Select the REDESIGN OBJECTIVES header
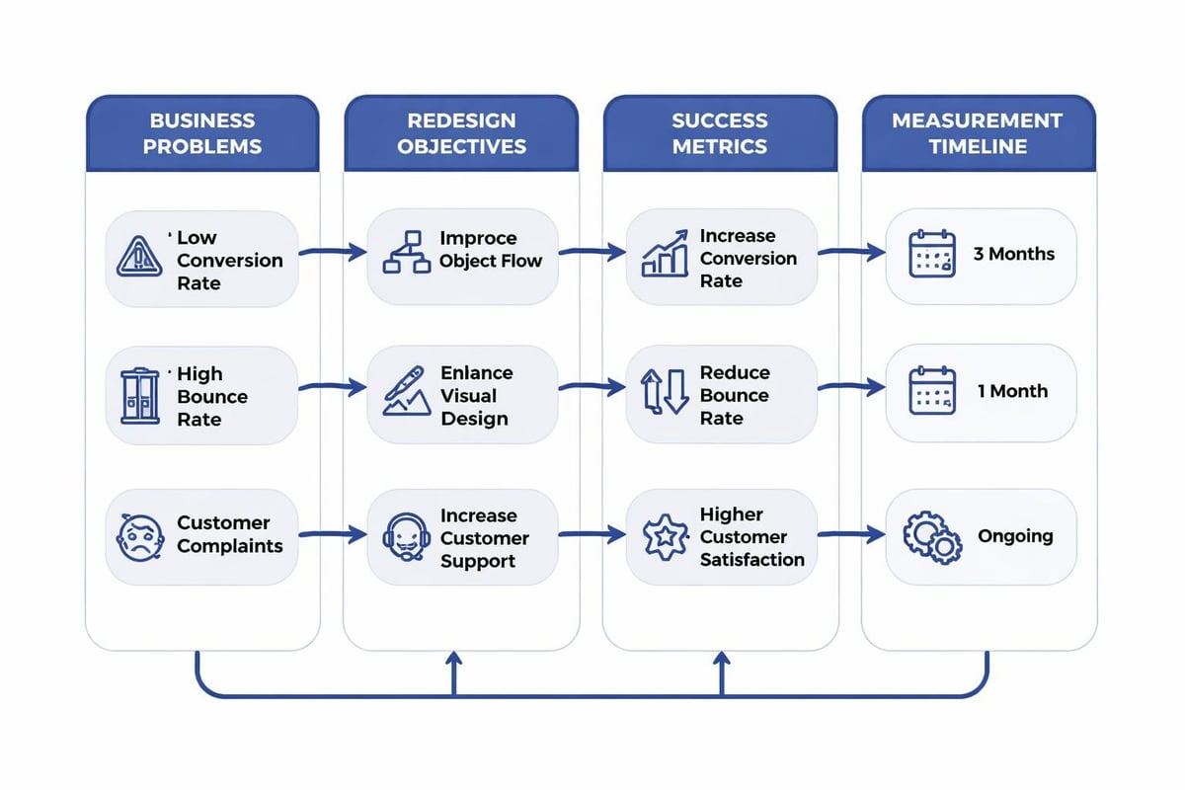(x=461, y=133)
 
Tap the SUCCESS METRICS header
(x=719, y=133)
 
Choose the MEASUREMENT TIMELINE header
(x=977, y=133)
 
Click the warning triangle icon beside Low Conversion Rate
(x=140, y=257)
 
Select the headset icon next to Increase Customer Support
(x=405, y=537)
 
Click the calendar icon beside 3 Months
(x=932, y=254)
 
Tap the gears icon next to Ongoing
(x=932, y=537)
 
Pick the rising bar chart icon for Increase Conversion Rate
(x=665, y=255)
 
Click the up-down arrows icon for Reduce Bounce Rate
(x=665, y=392)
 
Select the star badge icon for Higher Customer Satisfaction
(x=665, y=536)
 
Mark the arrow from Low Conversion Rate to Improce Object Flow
(x=332, y=254)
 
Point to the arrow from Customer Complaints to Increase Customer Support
(x=332, y=535)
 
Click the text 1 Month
(x=1013, y=391)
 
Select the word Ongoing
(x=1015, y=536)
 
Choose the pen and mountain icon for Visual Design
(x=405, y=392)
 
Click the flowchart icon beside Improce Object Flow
(x=406, y=255)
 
